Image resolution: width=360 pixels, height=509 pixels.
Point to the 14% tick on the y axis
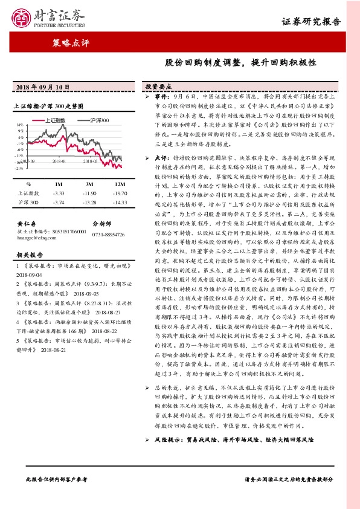20,124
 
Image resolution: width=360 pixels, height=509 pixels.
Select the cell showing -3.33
59,193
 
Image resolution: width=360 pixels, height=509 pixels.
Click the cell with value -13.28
89,201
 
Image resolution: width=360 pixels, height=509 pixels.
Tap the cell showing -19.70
120,193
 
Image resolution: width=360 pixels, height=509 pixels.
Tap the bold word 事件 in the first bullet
161,96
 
